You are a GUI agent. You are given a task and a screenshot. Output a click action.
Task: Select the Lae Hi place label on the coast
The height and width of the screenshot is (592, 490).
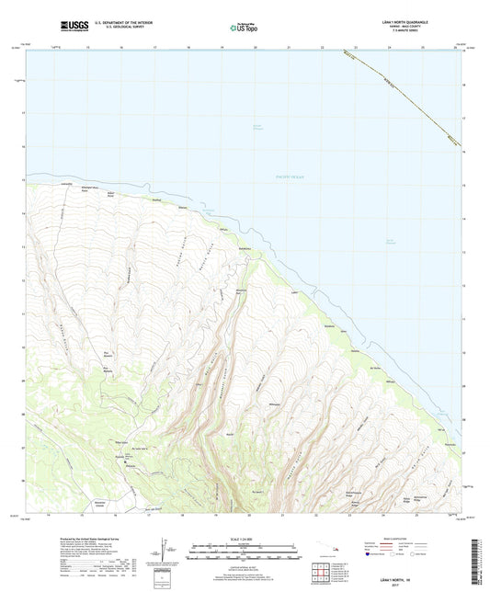click(294, 293)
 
